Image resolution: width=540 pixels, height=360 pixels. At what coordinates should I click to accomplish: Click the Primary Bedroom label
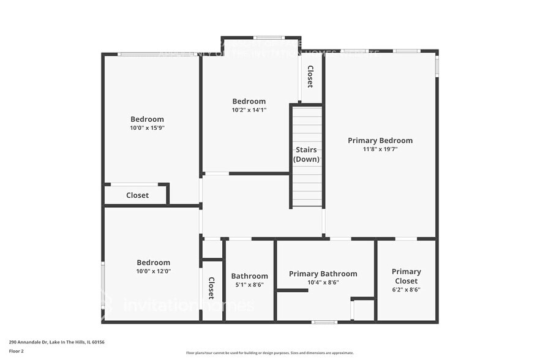[x=380, y=140]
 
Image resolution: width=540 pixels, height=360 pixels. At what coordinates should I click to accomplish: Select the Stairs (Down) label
[x=306, y=154]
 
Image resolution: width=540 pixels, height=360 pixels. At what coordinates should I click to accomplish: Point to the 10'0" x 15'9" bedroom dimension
[x=147, y=128]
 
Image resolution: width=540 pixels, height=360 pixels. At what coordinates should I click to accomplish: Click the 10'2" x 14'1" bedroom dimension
[x=249, y=110]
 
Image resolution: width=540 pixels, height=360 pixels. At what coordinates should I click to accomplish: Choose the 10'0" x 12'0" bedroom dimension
[x=153, y=271]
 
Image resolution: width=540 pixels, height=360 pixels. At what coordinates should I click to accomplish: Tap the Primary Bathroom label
[x=323, y=274]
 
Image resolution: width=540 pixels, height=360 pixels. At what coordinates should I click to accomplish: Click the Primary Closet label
[x=406, y=276]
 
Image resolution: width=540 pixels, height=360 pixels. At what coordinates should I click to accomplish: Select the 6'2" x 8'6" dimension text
[x=406, y=290]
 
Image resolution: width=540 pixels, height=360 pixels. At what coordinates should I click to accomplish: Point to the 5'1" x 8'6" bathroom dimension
[x=249, y=284]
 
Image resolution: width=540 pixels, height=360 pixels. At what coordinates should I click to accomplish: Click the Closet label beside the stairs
[x=310, y=77]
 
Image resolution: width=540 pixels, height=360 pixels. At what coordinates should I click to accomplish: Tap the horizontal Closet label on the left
[x=137, y=195]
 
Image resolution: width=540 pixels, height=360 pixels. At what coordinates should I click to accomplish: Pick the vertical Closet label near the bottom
[x=211, y=288]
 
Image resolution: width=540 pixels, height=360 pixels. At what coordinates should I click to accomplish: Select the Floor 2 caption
[x=16, y=351]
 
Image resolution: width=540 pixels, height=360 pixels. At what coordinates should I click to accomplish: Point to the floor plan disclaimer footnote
[x=269, y=353]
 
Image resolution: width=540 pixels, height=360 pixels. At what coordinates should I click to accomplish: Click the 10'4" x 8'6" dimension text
[x=323, y=282]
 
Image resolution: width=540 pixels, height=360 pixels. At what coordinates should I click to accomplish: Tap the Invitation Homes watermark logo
[x=178, y=304]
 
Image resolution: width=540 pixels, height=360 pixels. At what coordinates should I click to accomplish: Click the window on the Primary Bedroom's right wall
[x=437, y=66]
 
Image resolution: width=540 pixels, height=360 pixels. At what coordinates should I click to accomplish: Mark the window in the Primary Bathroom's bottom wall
[x=324, y=321]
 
